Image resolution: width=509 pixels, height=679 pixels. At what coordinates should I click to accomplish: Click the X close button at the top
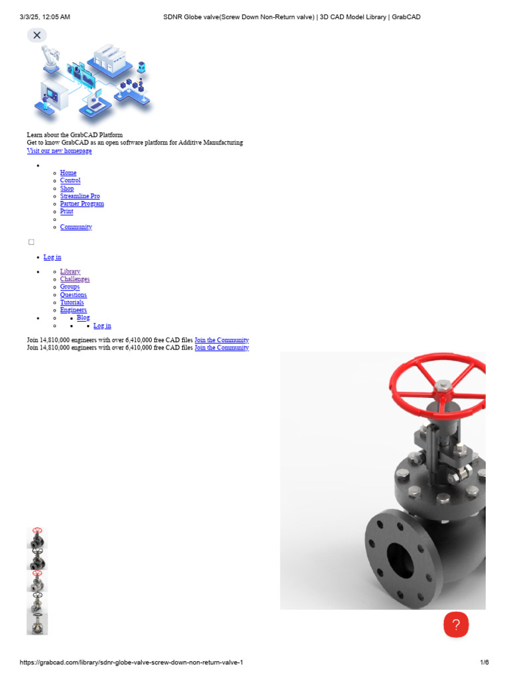(x=37, y=35)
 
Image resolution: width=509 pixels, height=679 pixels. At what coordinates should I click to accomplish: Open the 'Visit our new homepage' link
(x=59, y=151)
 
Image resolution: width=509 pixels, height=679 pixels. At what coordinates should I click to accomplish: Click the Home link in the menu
(x=68, y=173)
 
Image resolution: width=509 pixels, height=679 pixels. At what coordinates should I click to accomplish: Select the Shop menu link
(x=67, y=188)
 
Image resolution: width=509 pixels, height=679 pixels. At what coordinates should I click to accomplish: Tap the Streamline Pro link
(x=80, y=196)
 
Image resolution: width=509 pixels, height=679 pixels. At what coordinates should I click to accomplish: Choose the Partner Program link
(x=82, y=204)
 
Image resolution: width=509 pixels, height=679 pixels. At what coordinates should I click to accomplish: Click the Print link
(x=66, y=212)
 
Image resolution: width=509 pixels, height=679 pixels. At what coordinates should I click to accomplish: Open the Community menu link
(x=76, y=227)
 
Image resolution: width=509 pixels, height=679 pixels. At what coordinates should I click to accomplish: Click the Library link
(x=70, y=272)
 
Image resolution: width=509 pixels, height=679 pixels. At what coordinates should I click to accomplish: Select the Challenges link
(x=74, y=280)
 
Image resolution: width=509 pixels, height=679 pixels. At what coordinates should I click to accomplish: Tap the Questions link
(x=73, y=295)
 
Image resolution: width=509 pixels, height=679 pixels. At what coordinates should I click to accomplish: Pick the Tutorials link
(x=72, y=302)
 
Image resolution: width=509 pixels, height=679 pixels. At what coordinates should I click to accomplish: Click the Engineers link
(x=73, y=310)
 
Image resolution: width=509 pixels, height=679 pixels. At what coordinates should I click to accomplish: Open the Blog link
(x=83, y=318)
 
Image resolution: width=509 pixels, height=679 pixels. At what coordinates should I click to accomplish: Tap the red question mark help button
(x=456, y=625)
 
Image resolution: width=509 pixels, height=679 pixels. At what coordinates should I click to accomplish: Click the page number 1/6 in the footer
(x=484, y=662)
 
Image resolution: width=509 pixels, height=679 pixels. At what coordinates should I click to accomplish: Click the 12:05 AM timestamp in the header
(x=56, y=17)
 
